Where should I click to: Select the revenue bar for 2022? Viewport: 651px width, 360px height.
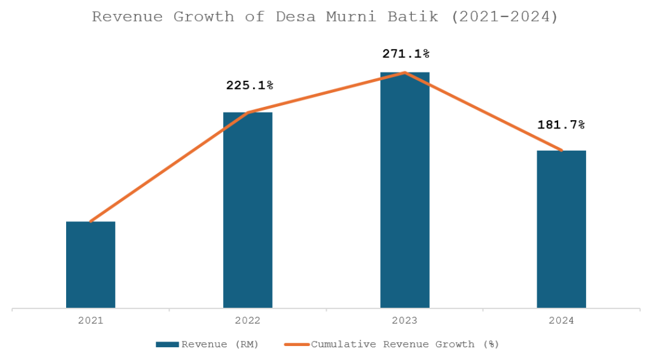[x=248, y=210]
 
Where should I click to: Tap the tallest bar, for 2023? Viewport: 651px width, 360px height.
[x=405, y=190]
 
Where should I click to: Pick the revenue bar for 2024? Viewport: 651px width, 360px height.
[x=561, y=229]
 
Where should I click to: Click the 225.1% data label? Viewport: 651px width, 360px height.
[x=250, y=85]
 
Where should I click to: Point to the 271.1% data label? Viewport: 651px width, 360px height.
[x=406, y=54]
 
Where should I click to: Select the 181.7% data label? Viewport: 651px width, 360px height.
[x=561, y=125]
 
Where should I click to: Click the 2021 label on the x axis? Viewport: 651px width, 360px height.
[x=91, y=321]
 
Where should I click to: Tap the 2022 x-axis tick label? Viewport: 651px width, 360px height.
[x=248, y=321]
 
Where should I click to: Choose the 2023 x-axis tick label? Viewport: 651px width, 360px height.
[x=405, y=321]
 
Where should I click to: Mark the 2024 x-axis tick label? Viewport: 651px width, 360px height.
[x=561, y=321]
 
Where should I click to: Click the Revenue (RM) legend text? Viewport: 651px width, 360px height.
[x=220, y=344]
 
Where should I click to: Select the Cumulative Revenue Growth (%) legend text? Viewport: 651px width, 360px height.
[x=405, y=344]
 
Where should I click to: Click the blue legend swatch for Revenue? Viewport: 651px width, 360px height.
[x=168, y=344]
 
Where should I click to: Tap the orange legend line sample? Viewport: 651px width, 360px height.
[x=298, y=344]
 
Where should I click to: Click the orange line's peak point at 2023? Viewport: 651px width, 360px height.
[x=405, y=73]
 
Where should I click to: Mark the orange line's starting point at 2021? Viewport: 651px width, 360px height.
[x=91, y=221]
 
